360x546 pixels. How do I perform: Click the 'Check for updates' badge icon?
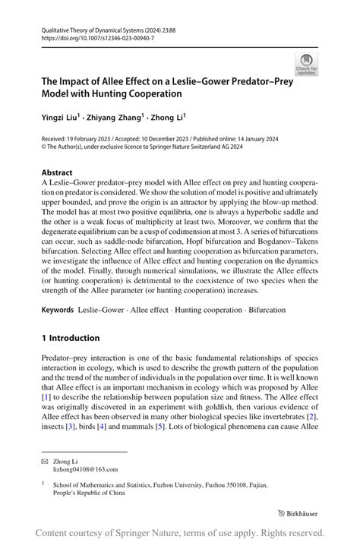click(308, 65)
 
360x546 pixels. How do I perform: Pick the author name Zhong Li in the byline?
click(169, 118)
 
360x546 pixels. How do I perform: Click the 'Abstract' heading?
click(57, 172)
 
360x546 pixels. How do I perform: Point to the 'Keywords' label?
click(58, 310)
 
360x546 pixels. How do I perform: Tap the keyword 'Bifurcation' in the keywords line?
click(262, 310)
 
